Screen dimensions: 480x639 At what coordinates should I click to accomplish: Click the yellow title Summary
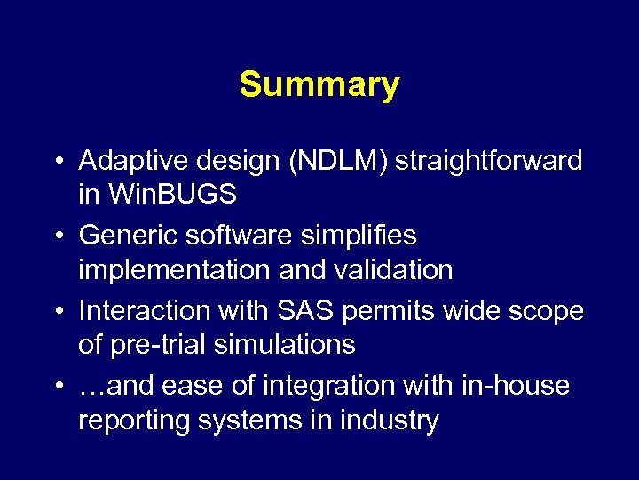319,85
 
